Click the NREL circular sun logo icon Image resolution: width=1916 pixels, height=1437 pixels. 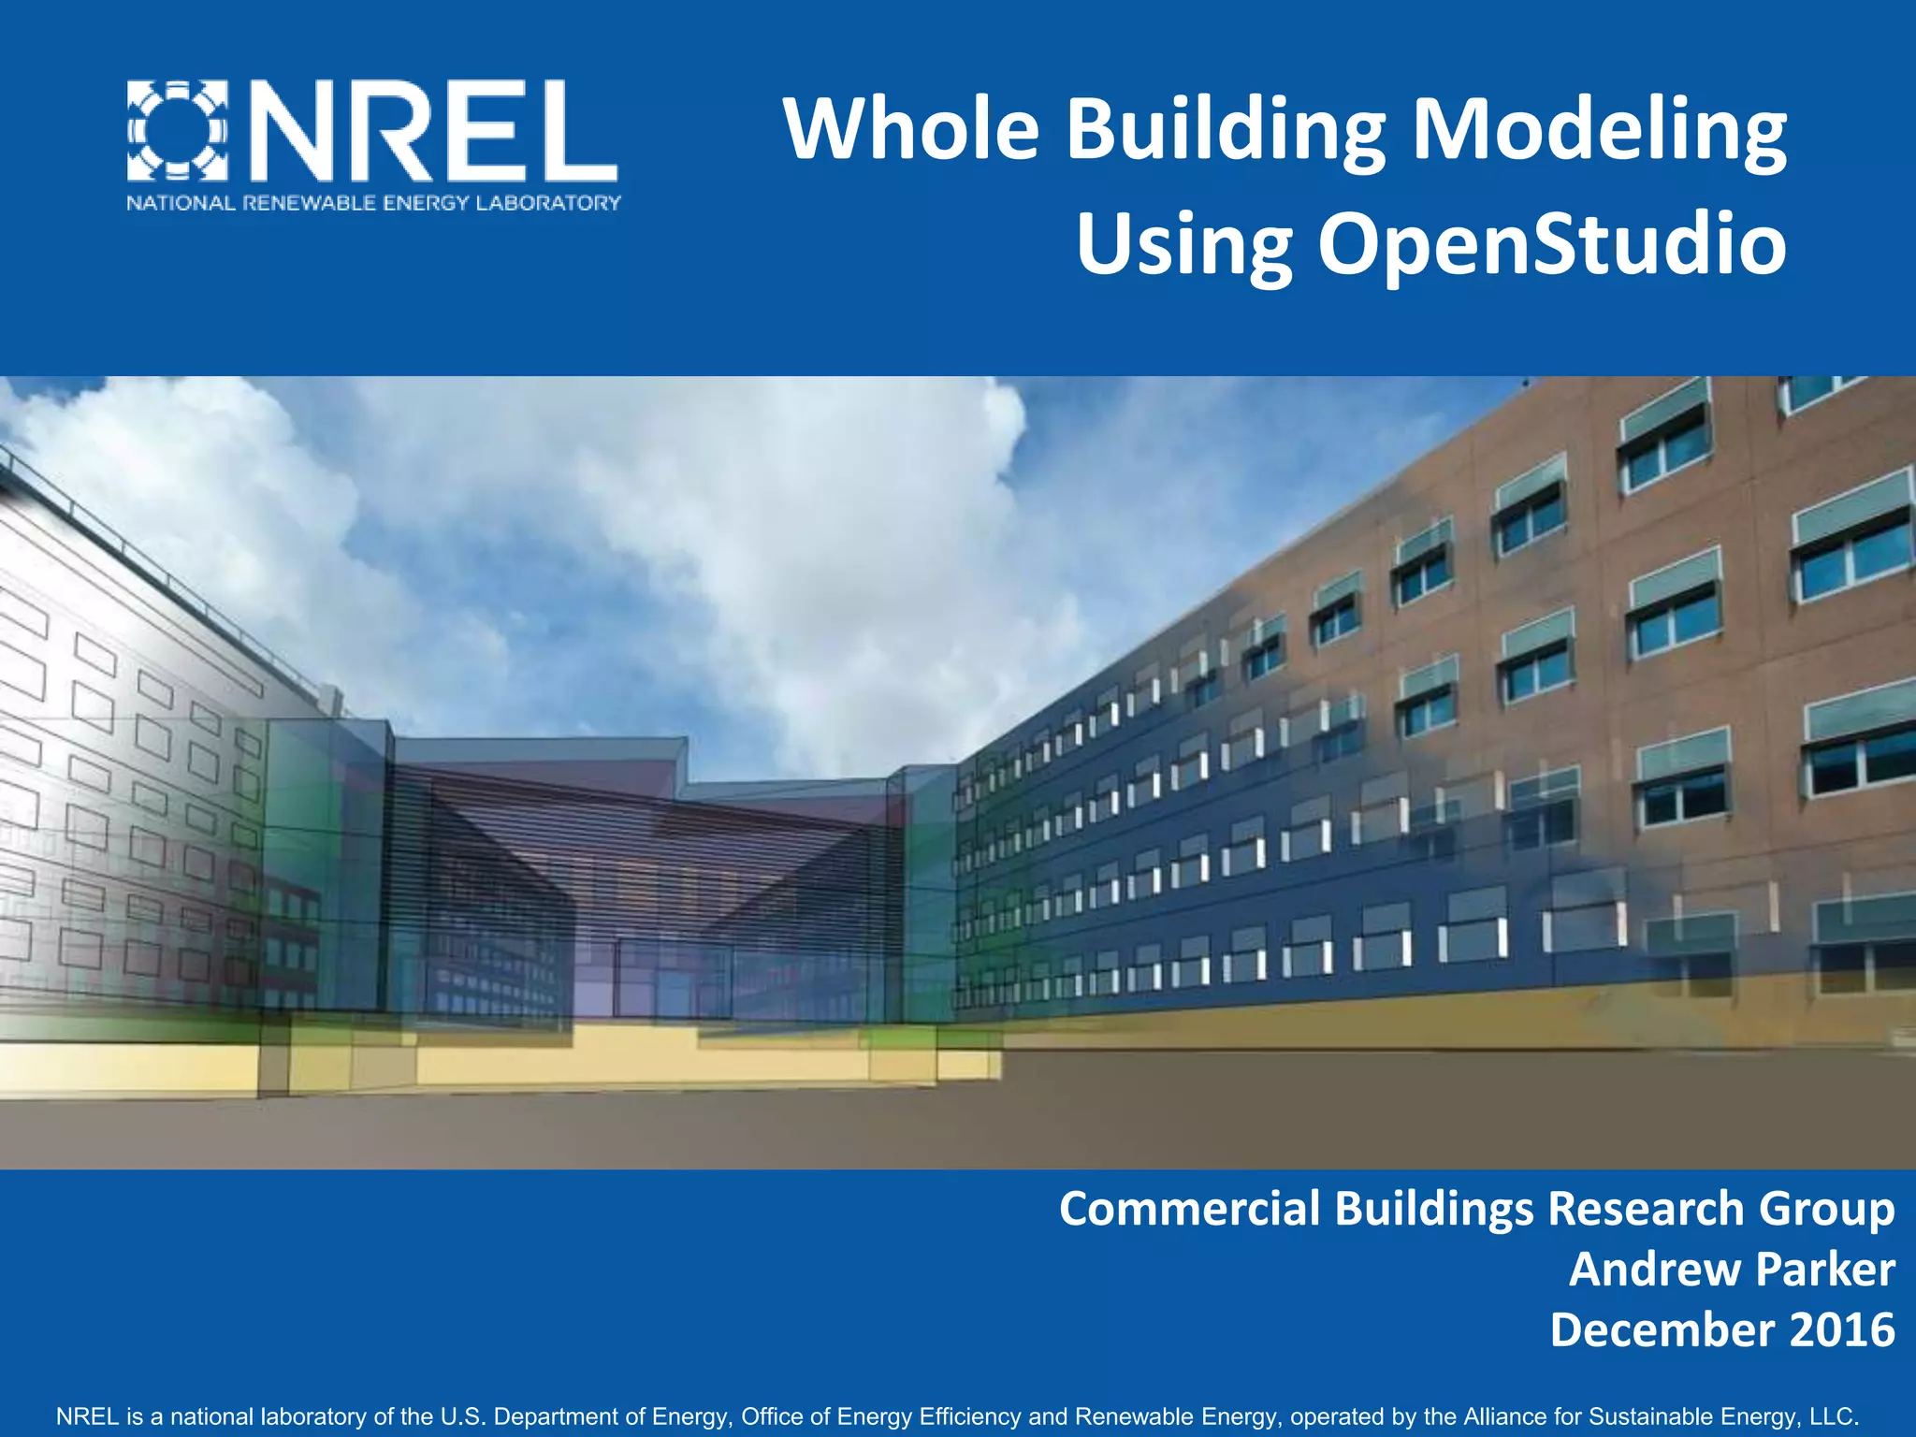(x=178, y=130)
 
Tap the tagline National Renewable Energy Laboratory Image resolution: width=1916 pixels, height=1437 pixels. (x=373, y=203)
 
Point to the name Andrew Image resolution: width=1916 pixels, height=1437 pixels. (x=1641, y=1270)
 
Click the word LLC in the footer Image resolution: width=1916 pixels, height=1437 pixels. (x=1835, y=1415)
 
